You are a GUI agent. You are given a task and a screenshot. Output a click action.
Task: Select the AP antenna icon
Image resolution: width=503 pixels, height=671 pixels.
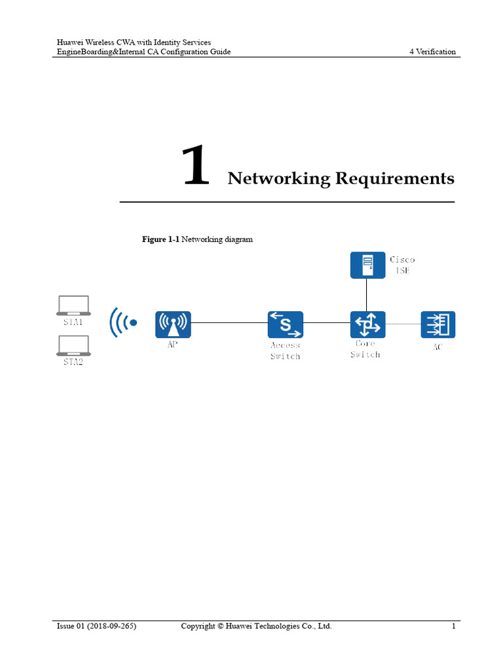(x=173, y=324)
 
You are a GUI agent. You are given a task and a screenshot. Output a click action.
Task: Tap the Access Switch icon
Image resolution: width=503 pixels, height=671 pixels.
(x=286, y=324)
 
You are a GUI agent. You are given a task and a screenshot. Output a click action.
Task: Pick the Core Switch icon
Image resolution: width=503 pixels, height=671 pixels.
(x=367, y=324)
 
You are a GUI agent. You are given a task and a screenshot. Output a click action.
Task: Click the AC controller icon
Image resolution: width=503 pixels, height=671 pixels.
(x=438, y=324)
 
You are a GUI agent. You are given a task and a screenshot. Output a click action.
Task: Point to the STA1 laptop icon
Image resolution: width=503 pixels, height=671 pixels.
(x=73, y=305)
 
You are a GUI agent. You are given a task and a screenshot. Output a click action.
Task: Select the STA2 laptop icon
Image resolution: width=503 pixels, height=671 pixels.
(x=73, y=345)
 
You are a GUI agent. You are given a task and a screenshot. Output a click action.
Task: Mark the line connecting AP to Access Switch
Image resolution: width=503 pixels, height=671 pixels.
(x=229, y=323)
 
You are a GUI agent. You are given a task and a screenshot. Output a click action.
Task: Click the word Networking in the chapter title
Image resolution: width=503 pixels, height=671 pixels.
(x=278, y=178)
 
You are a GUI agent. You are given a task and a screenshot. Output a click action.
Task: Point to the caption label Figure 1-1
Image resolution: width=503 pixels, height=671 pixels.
(x=160, y=239)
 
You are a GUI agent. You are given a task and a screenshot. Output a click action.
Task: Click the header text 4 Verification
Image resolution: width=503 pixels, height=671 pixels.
(x=432, y=52)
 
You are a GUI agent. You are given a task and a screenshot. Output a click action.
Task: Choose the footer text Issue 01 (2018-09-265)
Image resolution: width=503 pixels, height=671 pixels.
(x=97, y=626)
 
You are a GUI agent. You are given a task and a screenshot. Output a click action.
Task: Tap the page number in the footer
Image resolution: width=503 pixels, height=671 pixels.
(x=453, y=626)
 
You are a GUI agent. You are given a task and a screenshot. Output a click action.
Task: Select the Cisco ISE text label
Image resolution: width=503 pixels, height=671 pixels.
(x=402, y=265)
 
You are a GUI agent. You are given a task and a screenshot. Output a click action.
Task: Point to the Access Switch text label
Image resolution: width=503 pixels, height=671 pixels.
(x=286, y=351)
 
